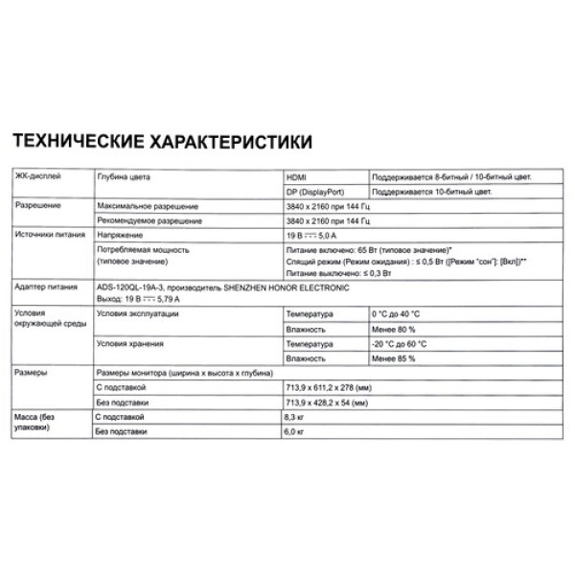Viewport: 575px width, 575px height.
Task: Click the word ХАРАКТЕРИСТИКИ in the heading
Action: coord(227,143)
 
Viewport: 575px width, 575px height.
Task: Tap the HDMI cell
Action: coord(297,178)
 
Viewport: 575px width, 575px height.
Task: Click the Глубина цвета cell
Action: coord(126,178)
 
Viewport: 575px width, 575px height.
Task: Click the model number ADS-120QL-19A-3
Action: coord(135,287)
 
